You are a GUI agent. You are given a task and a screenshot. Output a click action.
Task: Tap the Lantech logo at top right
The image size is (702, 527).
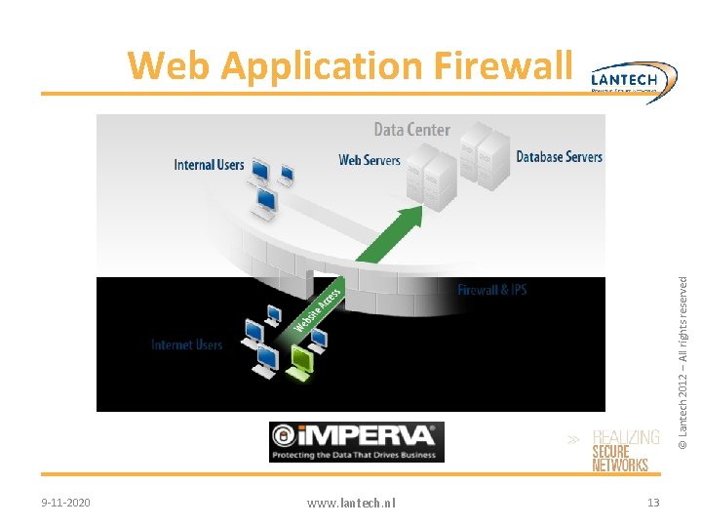[633, 78]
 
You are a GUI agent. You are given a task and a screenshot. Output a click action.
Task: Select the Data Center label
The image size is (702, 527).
[411, 130]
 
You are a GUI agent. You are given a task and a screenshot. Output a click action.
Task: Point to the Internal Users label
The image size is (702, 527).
[209, 165]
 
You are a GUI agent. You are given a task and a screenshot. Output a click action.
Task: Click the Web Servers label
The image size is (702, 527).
[369, 160]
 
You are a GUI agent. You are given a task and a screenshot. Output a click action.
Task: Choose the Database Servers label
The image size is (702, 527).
[559, 156]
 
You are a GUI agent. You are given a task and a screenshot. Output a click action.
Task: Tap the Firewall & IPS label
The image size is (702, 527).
[491, 290]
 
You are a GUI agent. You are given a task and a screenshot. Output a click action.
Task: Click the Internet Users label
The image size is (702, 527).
[186, 345]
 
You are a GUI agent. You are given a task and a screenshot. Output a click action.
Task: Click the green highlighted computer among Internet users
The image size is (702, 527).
[300, 361]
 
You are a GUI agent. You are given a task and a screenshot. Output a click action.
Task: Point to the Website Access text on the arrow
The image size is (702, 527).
[318, 307]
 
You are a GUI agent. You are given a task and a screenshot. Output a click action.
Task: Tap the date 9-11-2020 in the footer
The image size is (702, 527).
[66, 502]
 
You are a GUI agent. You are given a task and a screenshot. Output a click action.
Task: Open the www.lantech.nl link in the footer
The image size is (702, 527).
[351, 503]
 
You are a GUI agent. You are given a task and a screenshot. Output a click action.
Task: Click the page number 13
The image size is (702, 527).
[653, 502]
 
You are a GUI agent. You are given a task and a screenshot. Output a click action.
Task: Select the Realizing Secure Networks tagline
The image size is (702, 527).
[624, 452]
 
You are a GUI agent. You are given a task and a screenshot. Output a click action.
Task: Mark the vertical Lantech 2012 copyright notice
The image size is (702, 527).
[684, 361]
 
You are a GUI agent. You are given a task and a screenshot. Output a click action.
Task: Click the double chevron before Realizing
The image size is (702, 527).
[575, 440]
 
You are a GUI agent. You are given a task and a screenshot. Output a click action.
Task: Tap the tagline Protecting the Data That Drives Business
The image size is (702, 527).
[356, 454]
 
